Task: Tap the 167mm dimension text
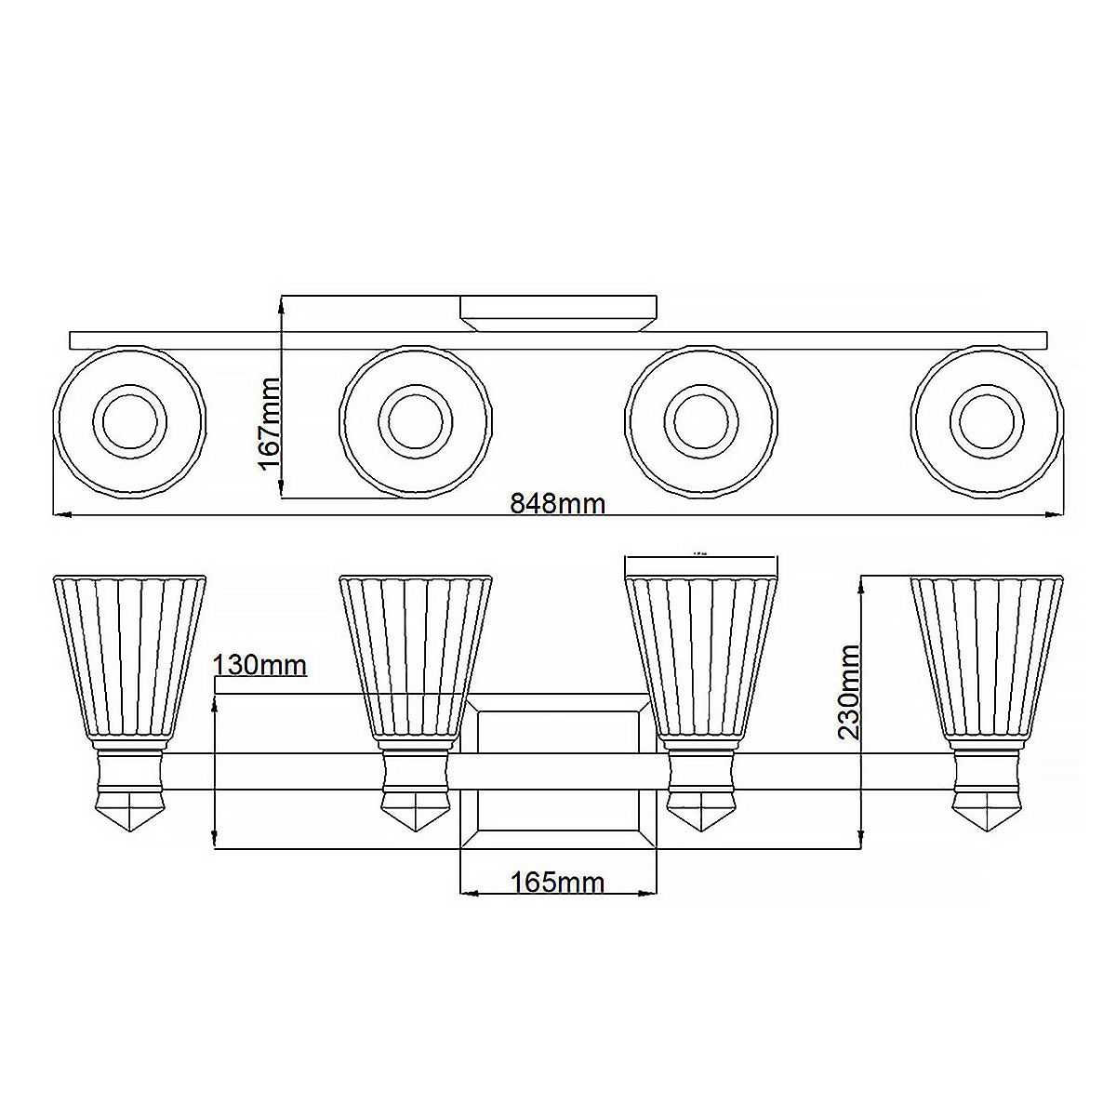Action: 270,423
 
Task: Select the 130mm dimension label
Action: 259,666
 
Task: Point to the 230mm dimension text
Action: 848,690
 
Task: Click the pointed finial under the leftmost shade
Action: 130,811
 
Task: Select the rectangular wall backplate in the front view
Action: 559,772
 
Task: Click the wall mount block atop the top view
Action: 559,313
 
